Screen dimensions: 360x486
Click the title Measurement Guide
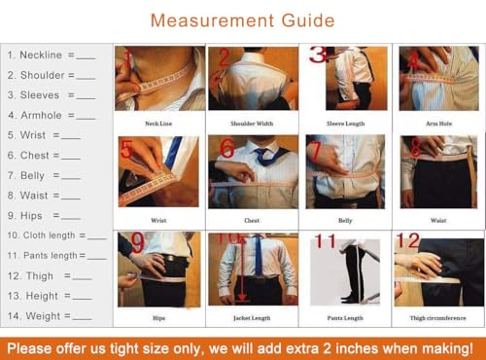[243, 20]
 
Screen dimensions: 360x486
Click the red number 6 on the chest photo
[226, 150]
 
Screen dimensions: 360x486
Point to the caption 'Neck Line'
[158, 124]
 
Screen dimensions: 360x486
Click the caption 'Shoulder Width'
[253, 124]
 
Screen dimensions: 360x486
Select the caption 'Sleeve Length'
[345, 124]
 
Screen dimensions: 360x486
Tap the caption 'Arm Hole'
[437, 124]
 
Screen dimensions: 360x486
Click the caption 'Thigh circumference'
[437, 318]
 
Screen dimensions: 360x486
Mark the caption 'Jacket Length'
[253, 318]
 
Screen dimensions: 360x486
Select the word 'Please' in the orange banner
[36, 344]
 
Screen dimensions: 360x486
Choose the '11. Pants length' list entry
[53, 255]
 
